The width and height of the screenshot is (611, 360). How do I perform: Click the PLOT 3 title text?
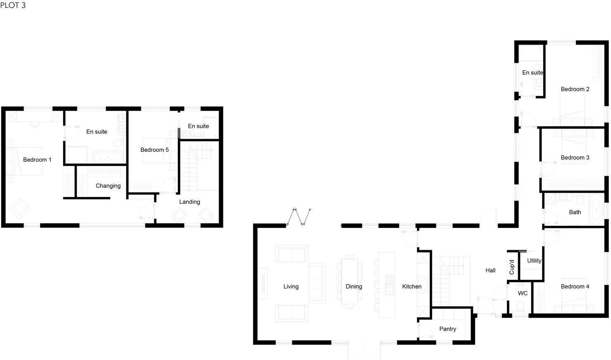click(13, 5)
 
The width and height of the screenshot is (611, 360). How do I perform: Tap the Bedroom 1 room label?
click(37, 160)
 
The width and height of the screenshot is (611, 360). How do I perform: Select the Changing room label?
click(108, 186)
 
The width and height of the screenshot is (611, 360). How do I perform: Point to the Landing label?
click(189, 202)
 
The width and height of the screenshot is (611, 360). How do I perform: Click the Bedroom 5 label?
click(154, 150)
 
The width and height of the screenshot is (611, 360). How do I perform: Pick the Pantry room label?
click(448, 329)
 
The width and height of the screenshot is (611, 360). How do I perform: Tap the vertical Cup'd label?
click(512, 267)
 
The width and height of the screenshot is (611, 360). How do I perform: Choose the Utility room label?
click(534, 261)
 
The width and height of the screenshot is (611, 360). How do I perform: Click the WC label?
click(523, 294)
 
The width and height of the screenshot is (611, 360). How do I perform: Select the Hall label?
click(490, 270)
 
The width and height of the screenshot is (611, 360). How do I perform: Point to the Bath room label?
click(575, 212)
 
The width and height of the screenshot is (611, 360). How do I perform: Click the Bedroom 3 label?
click(575, 158)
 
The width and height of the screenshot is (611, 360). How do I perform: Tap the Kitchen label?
click(412, 287)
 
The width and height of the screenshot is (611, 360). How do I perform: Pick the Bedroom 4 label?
click(575, 287)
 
